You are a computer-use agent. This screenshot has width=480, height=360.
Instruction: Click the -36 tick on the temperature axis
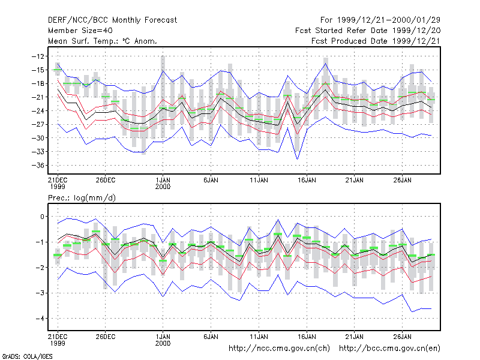click(38, 166)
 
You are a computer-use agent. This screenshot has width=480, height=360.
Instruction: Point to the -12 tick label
click(38, 56)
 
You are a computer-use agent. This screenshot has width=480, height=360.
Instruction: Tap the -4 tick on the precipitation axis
click(40, 319)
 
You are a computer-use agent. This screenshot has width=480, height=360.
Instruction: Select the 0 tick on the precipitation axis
click(42, 217)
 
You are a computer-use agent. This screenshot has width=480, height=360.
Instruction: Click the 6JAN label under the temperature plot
click(211, 180)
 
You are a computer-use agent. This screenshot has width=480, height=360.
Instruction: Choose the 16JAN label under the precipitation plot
click(307, 337)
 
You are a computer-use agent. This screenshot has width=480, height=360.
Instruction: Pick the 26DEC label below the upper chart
click(106, 180)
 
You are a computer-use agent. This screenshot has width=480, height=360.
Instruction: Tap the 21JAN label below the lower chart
click(355, 337)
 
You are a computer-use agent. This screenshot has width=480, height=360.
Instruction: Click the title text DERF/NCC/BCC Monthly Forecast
click(112, 20)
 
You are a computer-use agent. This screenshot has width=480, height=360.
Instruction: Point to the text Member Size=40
click(80, 31)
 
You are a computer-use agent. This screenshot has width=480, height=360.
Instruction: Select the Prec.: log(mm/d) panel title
click(82, 198)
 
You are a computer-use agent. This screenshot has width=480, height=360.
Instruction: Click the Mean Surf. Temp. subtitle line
click(103, 41)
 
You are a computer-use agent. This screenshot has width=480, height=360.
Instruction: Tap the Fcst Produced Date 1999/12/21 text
click(376, 41)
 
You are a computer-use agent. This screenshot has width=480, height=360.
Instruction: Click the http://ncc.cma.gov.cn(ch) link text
click(279, 349)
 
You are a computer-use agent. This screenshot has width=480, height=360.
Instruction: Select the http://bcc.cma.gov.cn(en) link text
click(389, 349)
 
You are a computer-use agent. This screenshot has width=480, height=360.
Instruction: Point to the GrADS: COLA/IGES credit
click(27, 356)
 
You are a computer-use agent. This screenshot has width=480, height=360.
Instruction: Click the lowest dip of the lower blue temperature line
click(297, 159)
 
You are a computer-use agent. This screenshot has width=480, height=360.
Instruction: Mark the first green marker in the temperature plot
click(58, 70)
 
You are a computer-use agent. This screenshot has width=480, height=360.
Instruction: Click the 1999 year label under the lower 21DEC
click(58, 343)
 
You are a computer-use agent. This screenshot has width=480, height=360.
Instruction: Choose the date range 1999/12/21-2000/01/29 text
click(389, 20)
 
